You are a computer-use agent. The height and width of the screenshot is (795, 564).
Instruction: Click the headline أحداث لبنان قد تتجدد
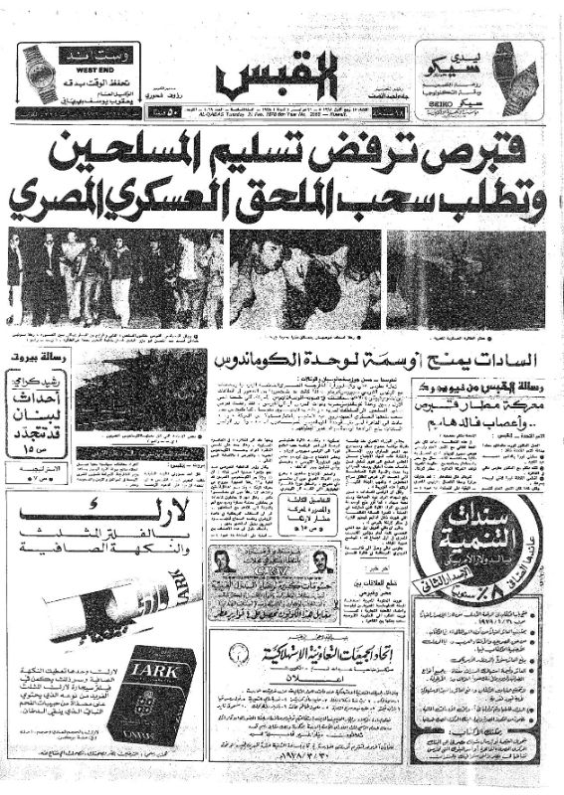(x=35, y=405)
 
